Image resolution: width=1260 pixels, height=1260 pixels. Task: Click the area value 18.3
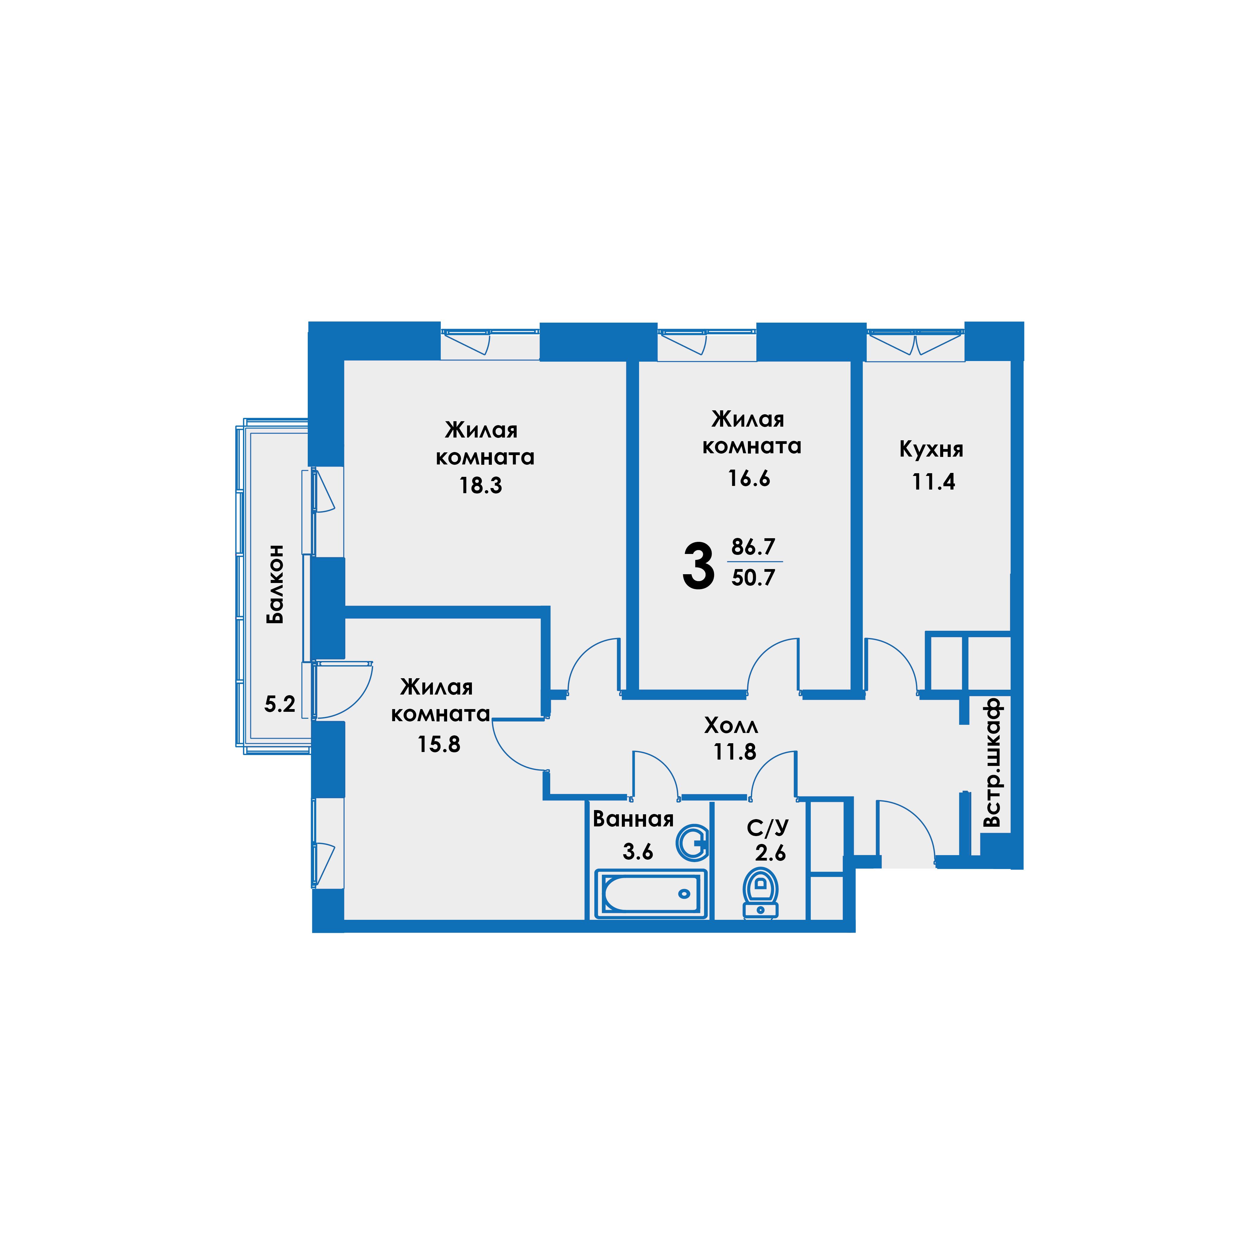point(481,486)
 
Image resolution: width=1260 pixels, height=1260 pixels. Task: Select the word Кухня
point(931,449)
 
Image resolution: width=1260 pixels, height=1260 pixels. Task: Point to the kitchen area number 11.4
point(933,482)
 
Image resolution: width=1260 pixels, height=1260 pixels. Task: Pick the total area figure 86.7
point(753,546)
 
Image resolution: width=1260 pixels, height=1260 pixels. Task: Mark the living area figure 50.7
point(753,578)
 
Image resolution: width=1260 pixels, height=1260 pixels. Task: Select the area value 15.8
point(439,744)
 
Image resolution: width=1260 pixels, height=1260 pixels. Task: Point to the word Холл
point(731,725)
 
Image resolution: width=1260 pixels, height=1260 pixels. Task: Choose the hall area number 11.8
point(735,752)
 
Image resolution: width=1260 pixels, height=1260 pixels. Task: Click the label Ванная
point(633,819)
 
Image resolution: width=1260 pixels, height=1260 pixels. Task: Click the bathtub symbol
point(651,894)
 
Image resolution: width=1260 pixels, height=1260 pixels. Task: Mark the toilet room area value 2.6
point(771,853)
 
